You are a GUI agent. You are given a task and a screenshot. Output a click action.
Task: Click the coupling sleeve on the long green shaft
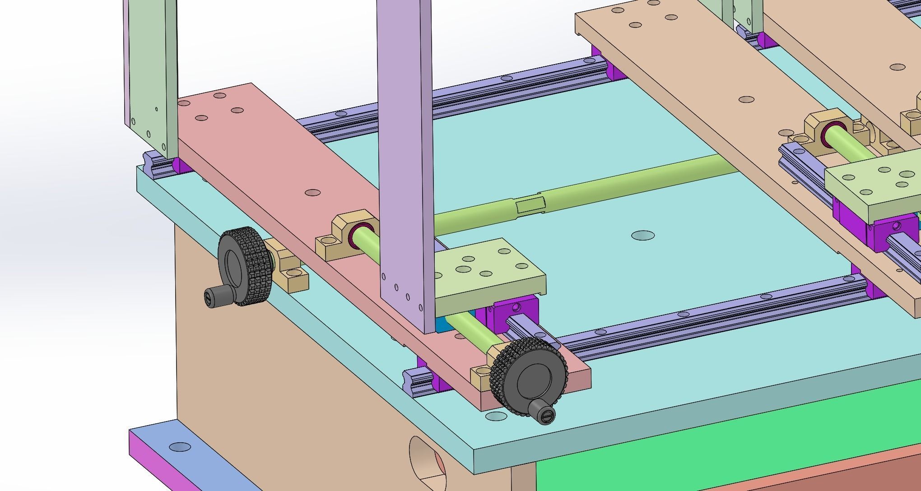[x=530, y=205]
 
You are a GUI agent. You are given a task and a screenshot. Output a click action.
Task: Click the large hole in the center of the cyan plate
[x=643, y=235]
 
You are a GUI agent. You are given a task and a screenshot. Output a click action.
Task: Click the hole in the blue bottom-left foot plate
[x=180, y=448]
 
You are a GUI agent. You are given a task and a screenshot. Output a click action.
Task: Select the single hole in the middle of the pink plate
[x=312, y=193]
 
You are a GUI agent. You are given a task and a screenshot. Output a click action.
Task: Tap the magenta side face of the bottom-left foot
[x=163, y=469]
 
